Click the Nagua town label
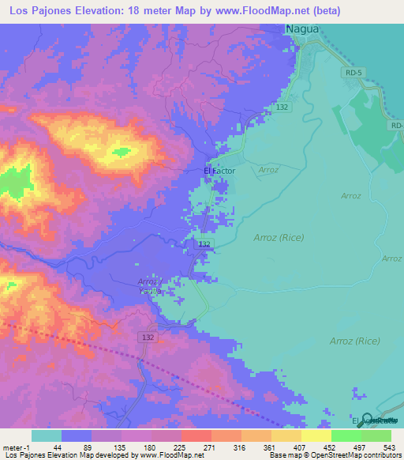303,28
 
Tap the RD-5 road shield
354,73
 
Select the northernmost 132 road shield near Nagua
282,106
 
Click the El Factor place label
219,170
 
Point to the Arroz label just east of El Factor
268,169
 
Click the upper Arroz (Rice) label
279,236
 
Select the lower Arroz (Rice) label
353,341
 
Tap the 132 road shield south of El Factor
204,245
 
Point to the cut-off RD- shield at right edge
396,125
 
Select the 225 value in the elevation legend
181,447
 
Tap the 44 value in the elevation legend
62,447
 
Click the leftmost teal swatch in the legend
47,435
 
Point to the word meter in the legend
13,447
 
